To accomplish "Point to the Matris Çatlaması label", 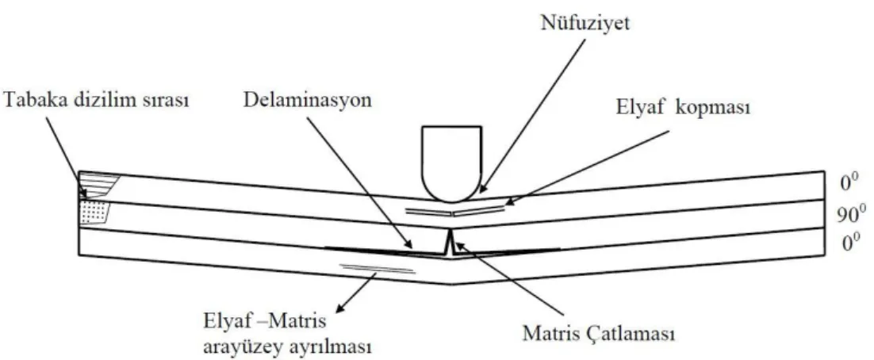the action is (x=599, y=334).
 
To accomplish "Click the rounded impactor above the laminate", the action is (x=451, y=163).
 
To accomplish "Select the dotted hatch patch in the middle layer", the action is (x=95, y=213).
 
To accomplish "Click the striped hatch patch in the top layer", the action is (x=98, y=185).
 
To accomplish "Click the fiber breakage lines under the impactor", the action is (x=455, y=211).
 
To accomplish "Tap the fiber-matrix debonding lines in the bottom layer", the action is (x=378, y=269).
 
